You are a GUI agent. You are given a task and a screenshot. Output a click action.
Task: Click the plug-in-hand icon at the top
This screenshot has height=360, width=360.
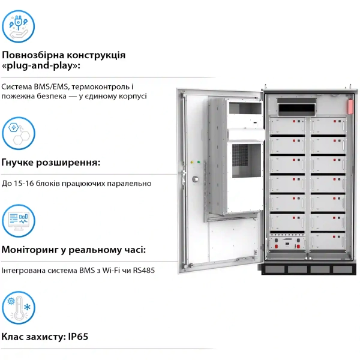tap(18, 26)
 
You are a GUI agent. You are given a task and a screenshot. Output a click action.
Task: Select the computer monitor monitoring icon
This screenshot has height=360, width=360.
tap(18, 220)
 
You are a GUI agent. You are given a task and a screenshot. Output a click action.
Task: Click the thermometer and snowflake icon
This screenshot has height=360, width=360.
tap(18, 308)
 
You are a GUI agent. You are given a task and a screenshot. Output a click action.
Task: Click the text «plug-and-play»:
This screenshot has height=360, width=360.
tap(41, 65)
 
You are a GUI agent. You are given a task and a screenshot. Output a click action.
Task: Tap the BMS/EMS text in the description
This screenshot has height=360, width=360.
tap(52, 86)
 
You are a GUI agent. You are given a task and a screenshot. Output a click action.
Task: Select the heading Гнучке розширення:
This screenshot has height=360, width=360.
tap(51, 163)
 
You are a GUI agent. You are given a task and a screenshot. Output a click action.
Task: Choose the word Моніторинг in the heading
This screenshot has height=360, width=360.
tap(31, 250)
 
